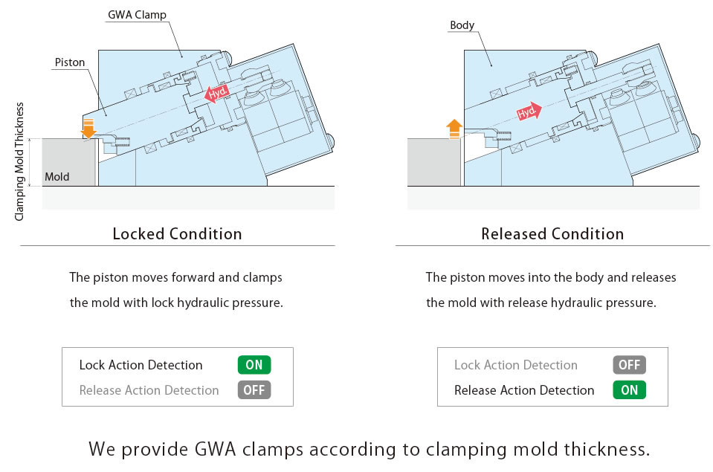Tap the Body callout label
pos(462,25)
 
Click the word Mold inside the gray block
pos(57,177)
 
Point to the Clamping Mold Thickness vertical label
pos(20,161)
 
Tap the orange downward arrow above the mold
pos(88,128)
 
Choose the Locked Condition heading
pos(177,234)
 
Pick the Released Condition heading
pos(552,234)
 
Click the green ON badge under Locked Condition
pos(254,365)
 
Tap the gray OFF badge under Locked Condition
pos(254,390)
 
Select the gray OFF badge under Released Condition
pos(629,365)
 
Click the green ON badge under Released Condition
pos(629,390)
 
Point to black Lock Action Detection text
pos(141,365)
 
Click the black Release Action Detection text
pos(523,390)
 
